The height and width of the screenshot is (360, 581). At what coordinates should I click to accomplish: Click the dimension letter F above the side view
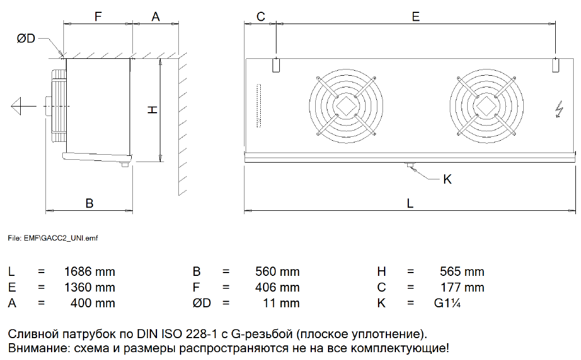tap(98, 17)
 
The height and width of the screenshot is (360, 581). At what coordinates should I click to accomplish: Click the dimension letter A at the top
tap(156, 17)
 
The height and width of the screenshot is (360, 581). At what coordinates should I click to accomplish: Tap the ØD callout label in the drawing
tap(26, 38)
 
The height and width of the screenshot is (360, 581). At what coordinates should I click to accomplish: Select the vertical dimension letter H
tap(153, 110)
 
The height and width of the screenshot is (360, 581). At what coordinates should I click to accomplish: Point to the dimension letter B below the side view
tap(89, 204)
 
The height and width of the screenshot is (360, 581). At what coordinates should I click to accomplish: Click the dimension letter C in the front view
tap(261, 17)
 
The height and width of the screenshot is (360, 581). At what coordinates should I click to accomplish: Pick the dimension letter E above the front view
tap(416, 17)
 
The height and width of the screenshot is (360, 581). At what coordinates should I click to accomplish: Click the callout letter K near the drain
tap(447, 179)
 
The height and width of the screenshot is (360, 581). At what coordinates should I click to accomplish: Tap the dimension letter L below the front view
tap(410, 204)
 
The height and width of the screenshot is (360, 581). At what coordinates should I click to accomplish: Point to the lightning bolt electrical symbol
tap(559, 109)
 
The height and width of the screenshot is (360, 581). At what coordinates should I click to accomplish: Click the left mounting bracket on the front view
tap(276, 65)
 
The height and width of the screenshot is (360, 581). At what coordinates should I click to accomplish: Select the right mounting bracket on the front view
tap(555, 65)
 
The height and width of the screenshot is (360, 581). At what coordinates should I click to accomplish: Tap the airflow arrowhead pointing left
tap(16, 107)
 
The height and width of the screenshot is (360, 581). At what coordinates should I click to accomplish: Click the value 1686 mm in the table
tap(90, 271)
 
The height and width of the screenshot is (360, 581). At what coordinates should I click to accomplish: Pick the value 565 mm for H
tap(462, 271)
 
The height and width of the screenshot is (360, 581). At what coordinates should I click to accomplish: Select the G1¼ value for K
tap(447, 303)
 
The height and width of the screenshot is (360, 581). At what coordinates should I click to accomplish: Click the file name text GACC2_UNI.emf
tap(70, 238)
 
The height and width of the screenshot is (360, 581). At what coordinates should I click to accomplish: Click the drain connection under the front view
tap(410, 165)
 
